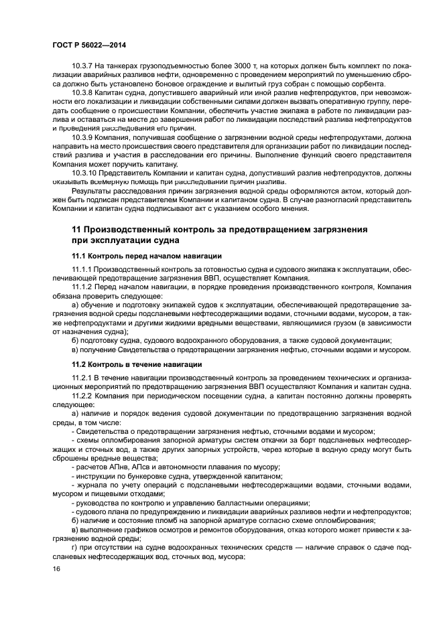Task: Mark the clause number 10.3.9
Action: [84, 137]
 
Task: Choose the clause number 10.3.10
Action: [86, 172]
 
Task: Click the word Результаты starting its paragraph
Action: [93, 190]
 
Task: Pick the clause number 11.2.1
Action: [84, 378]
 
